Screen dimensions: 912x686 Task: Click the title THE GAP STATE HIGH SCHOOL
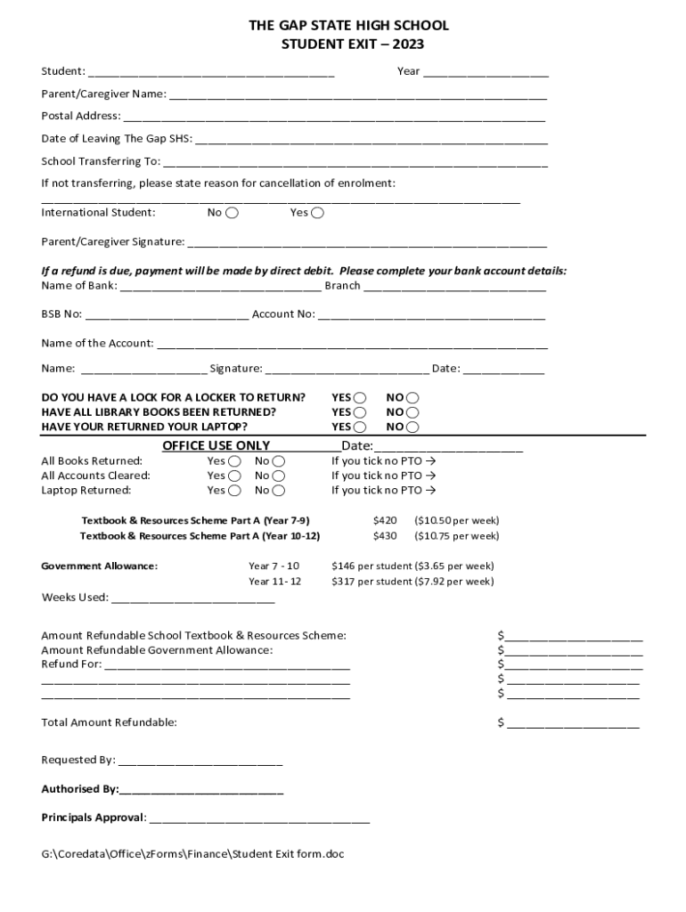pos(348,26)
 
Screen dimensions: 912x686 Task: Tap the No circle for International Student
pos(232,213)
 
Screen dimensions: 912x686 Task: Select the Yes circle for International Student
pos(318,213)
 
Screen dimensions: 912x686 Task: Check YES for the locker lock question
pos(360,398)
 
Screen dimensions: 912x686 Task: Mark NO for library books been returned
pos(412,413)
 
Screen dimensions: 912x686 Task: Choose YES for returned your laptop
pos(360,427)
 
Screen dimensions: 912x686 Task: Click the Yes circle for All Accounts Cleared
pos(234,476)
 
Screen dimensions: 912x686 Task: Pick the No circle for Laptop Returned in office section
pos(279,491)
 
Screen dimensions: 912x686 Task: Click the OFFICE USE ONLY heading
pos(216,446)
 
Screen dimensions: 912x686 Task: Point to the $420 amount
pos(385,520)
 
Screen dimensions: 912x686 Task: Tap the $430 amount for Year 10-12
pos(385,536)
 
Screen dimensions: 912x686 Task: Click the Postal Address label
pos(80,116)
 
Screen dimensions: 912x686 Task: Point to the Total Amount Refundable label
pos(109,722)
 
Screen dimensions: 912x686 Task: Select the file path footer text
pos(192,854)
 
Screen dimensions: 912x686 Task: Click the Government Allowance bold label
pos(100,566)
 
